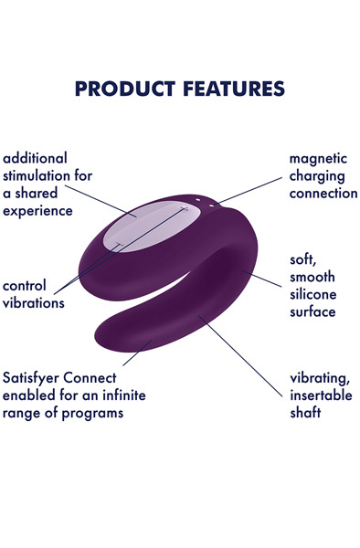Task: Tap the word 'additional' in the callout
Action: click(x=36, y=158)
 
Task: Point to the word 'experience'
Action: click(x=38, y=211)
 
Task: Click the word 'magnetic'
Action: click(x=323, y=158)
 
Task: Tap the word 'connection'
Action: click(x=323, y=193)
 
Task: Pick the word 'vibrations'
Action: click(x=34, y=302)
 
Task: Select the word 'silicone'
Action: click(x=314, y=293)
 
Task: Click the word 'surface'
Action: click(x=312, y=311)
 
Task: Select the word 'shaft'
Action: click(x=307, y=412)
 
